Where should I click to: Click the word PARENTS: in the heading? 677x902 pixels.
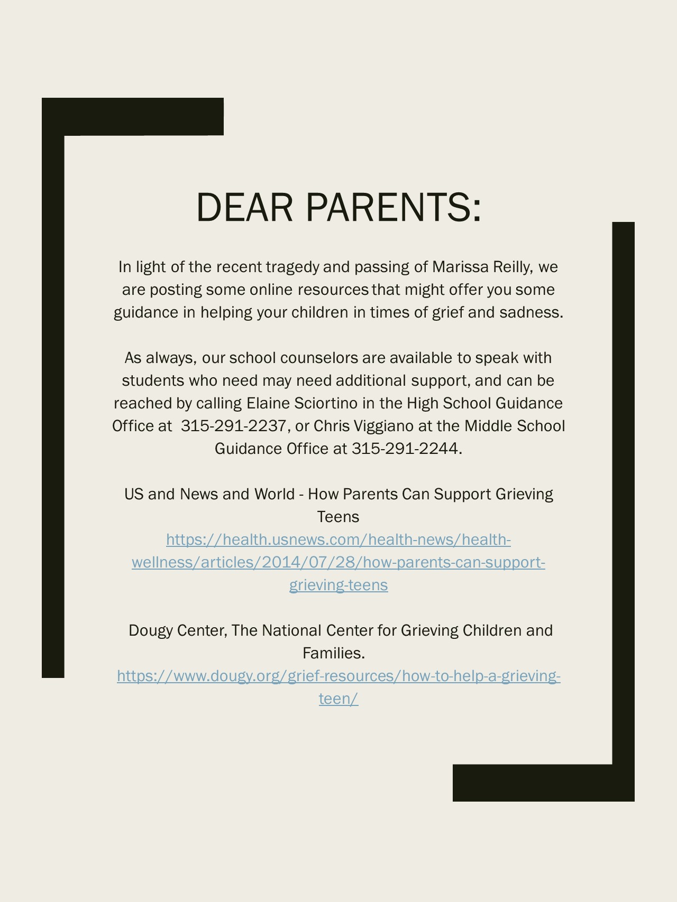(394, 207)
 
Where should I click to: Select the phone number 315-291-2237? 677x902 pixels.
(233, 426)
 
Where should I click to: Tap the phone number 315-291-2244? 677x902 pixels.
(405, 449)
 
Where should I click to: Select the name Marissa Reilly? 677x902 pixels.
(481, 267)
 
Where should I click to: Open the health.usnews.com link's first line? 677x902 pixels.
(338, 540)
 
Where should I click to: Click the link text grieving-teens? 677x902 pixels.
(338, 585)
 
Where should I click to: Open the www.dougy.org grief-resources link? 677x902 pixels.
(338, 676)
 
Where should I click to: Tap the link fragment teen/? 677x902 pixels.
(338, 699)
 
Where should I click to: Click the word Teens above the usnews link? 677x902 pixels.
(338, 517)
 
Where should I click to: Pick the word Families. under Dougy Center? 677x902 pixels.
(334, 654)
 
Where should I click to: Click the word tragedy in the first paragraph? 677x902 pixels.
(292, 267)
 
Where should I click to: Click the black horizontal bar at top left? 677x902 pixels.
(133, 117)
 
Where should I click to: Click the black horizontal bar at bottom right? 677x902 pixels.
(543, 783)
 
